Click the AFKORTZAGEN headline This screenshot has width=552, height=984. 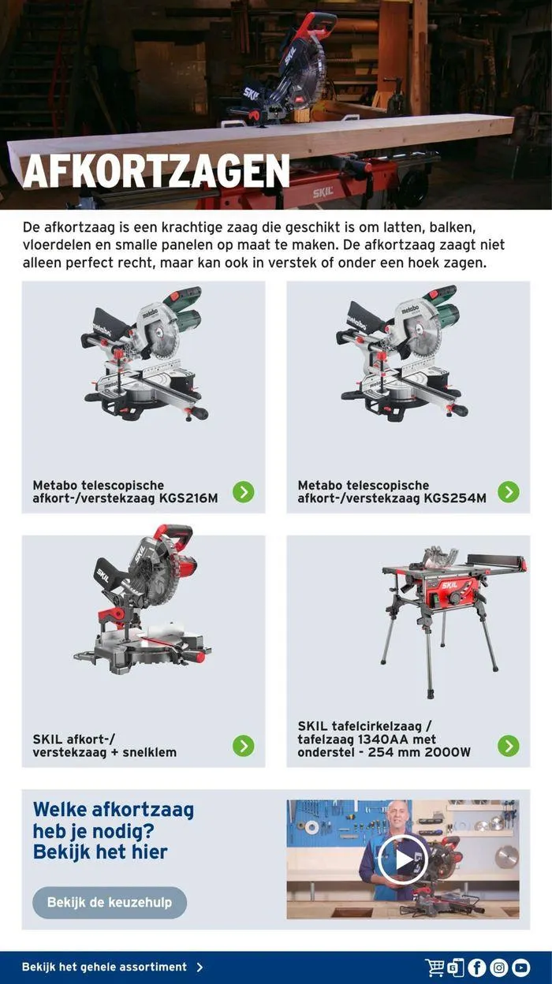(x=156, y=171)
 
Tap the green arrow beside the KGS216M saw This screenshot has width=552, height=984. (x=244, y=491)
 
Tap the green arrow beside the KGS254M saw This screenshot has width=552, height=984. (x=509, y=491)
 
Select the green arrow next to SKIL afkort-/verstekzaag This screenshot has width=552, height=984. (x=244, y=745)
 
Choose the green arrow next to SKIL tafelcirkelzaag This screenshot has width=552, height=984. (x=509, y=745)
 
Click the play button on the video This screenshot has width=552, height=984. (x=403, y=859)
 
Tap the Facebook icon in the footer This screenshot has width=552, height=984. (x=477, y=967)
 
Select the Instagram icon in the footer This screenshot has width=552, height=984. (x=499, y=967)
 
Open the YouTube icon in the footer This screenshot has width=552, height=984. (x=521, y=967)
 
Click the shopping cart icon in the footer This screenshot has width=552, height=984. (x=435, y=967)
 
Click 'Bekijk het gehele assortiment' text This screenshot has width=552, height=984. (x=104, y=967)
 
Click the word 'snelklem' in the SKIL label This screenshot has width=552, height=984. (x=149, y=752)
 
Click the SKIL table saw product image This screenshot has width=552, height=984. (x=454, y=621)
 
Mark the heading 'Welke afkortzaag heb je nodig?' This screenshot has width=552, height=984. (x=114, y=819)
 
